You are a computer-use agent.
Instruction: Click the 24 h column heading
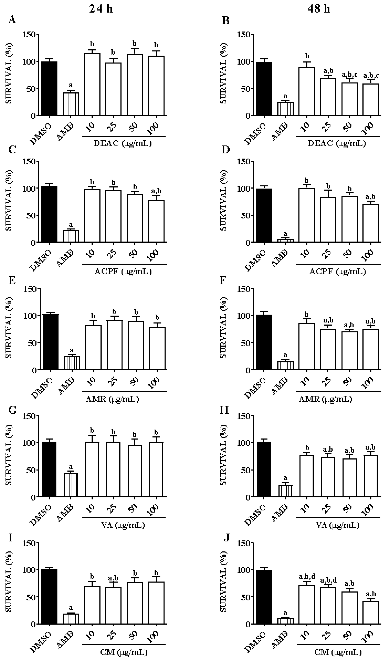[x=101, y=9]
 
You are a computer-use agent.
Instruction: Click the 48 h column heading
[x=318, y=9]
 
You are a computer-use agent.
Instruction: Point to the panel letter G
[x=12, y=410]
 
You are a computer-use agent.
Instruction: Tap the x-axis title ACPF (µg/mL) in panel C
[x=123, y=272]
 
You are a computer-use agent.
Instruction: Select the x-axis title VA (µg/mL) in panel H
[x=337, y=525]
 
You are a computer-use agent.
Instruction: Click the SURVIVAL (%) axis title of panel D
[x=223, y=200]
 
